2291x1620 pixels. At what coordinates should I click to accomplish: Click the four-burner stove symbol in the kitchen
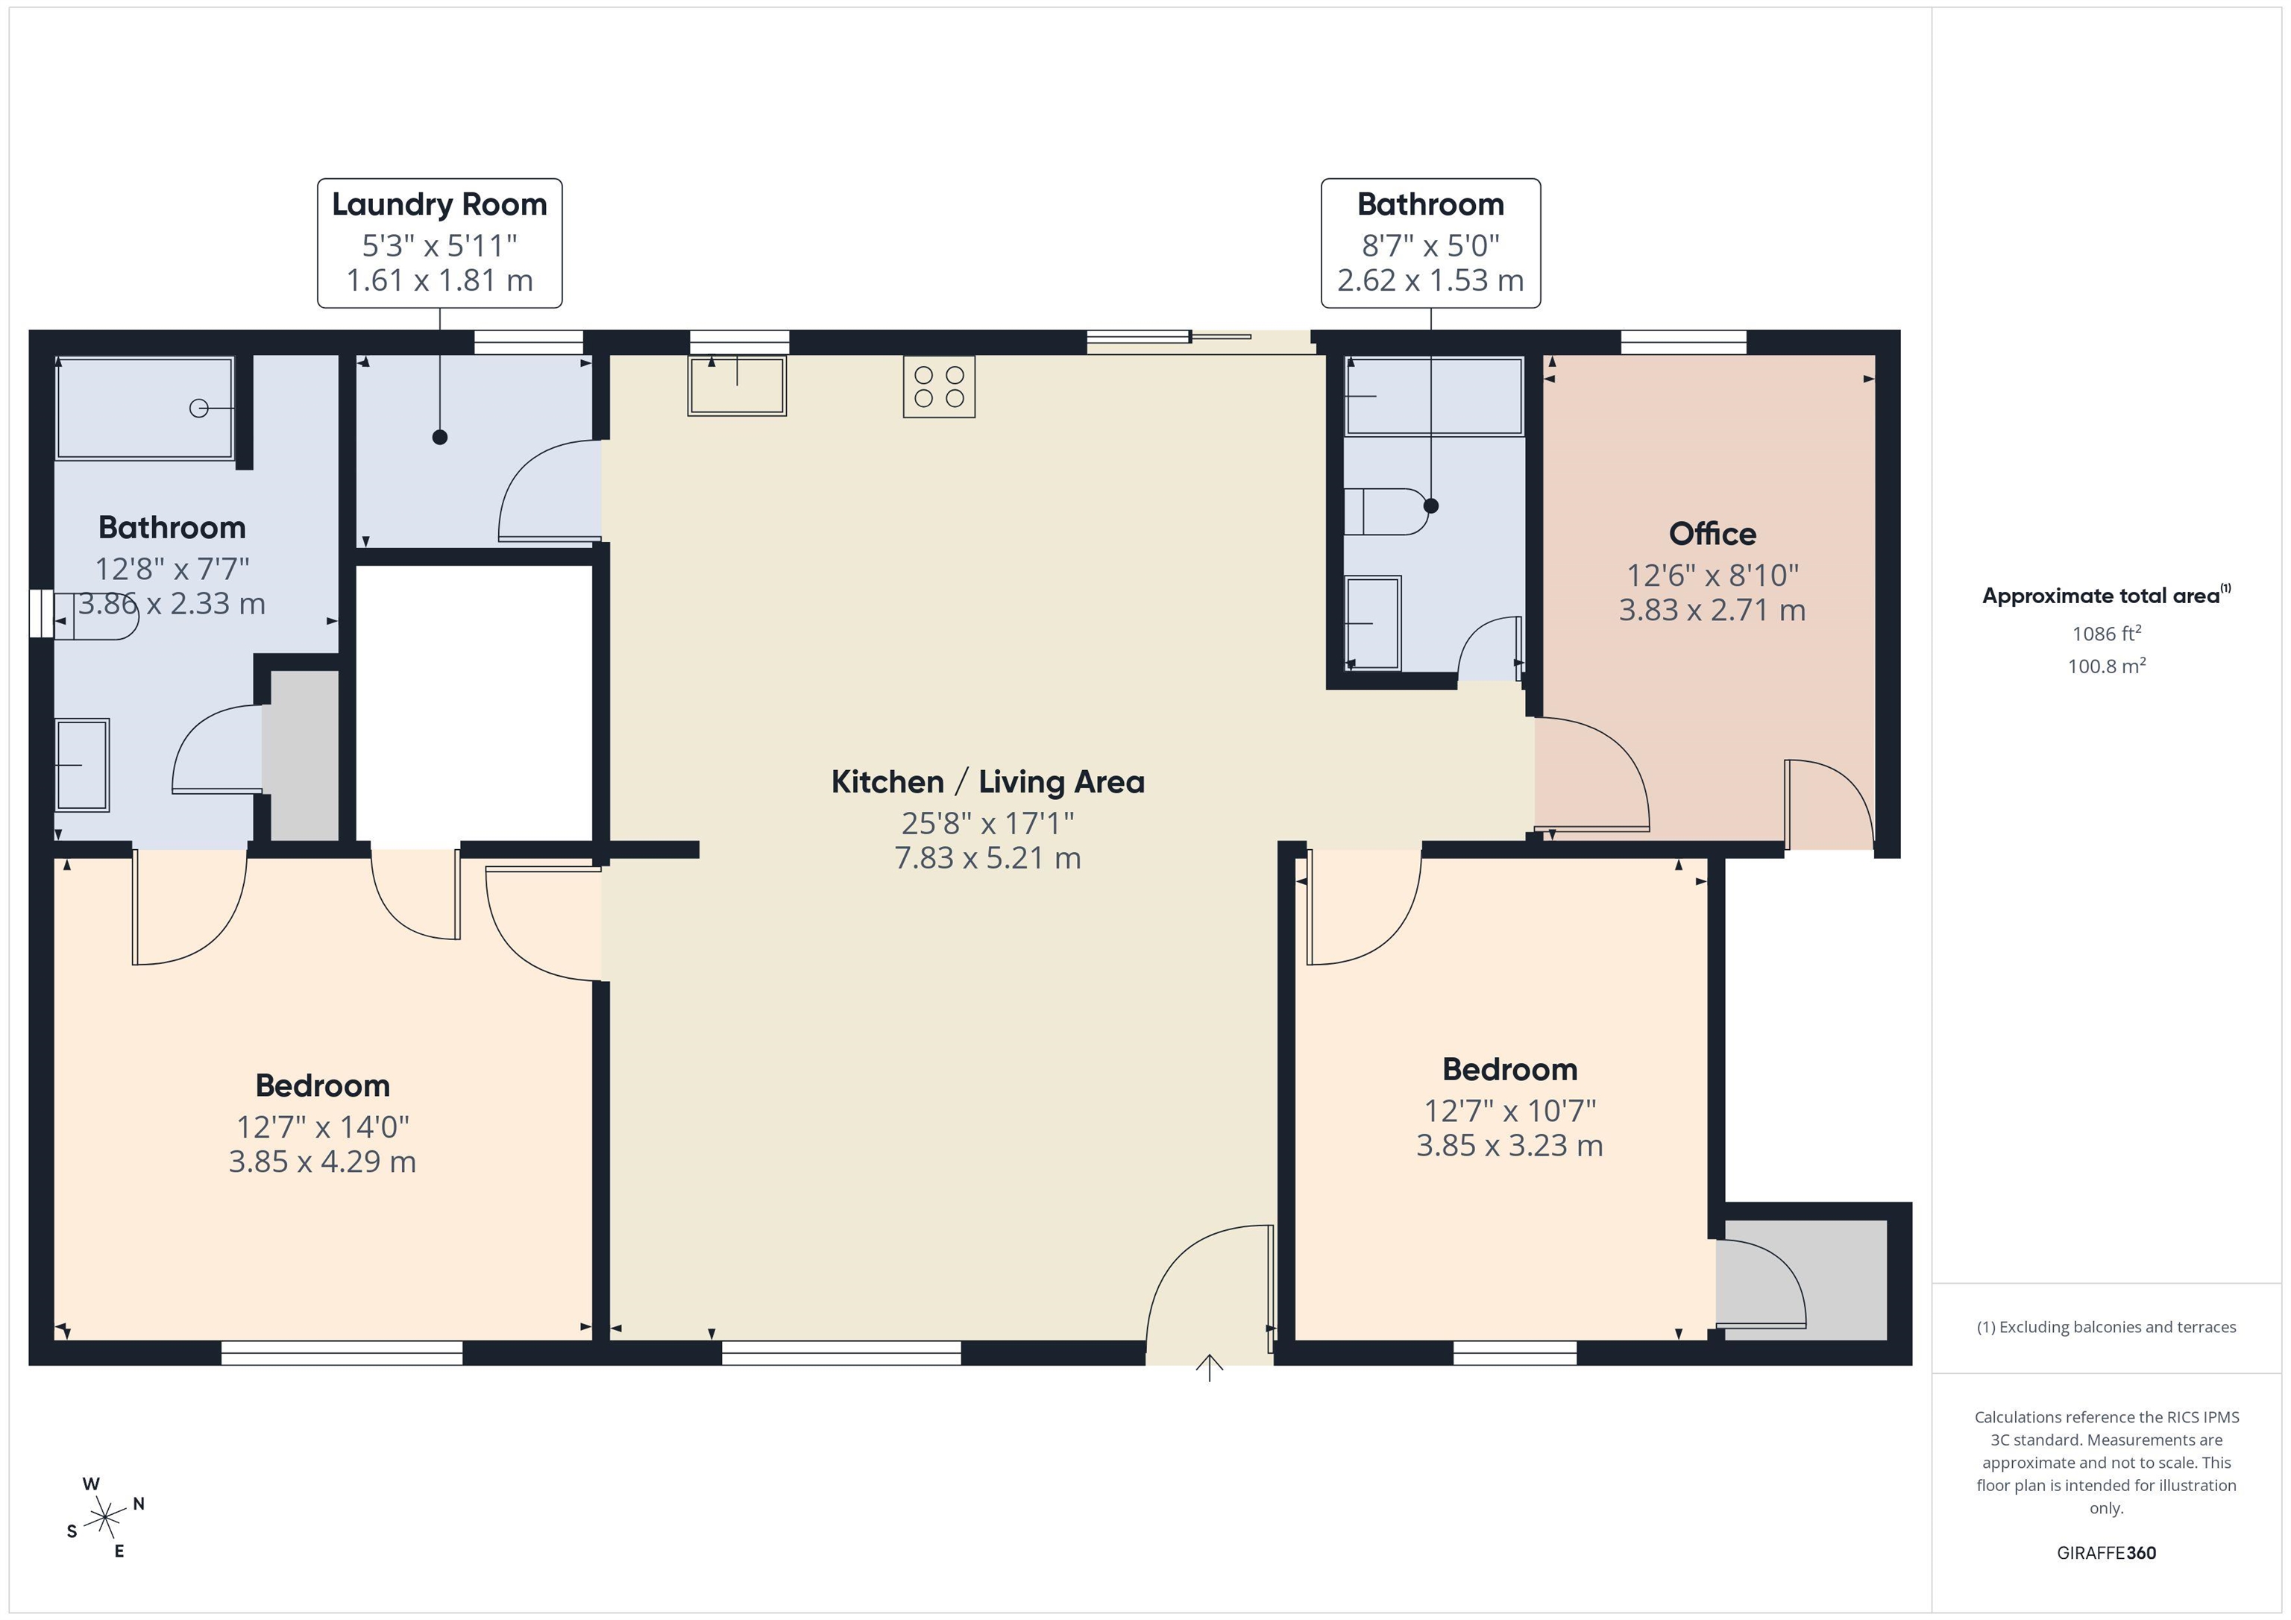tap(938, 387)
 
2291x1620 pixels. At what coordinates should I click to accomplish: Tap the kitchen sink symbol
tap(736, 385)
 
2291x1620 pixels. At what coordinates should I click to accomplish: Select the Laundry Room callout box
tap(439, 243)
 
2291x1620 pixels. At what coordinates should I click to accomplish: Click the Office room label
tap(1712, 534)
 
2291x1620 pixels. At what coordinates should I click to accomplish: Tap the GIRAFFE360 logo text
tap(2105, 1553)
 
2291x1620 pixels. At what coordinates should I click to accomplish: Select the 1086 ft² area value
tap(2105, 634)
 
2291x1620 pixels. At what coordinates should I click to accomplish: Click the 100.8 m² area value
tap(2105, 665)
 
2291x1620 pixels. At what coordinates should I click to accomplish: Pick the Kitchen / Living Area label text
tap(987, 782)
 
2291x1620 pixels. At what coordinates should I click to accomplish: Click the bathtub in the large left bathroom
tap(145, 408)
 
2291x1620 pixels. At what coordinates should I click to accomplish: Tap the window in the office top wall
tap(1683, 342)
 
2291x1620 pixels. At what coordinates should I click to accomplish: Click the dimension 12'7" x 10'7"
tap(1509, 1110)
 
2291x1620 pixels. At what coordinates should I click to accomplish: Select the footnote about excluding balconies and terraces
tap(2105, 1327)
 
